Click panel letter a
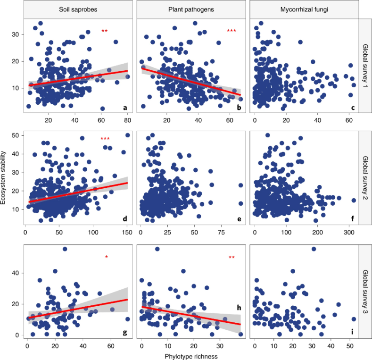125,108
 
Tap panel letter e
239,219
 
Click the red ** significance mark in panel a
105,31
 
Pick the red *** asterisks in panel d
105,138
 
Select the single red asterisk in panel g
107,257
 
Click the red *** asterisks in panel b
231,31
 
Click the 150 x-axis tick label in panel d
127,233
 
